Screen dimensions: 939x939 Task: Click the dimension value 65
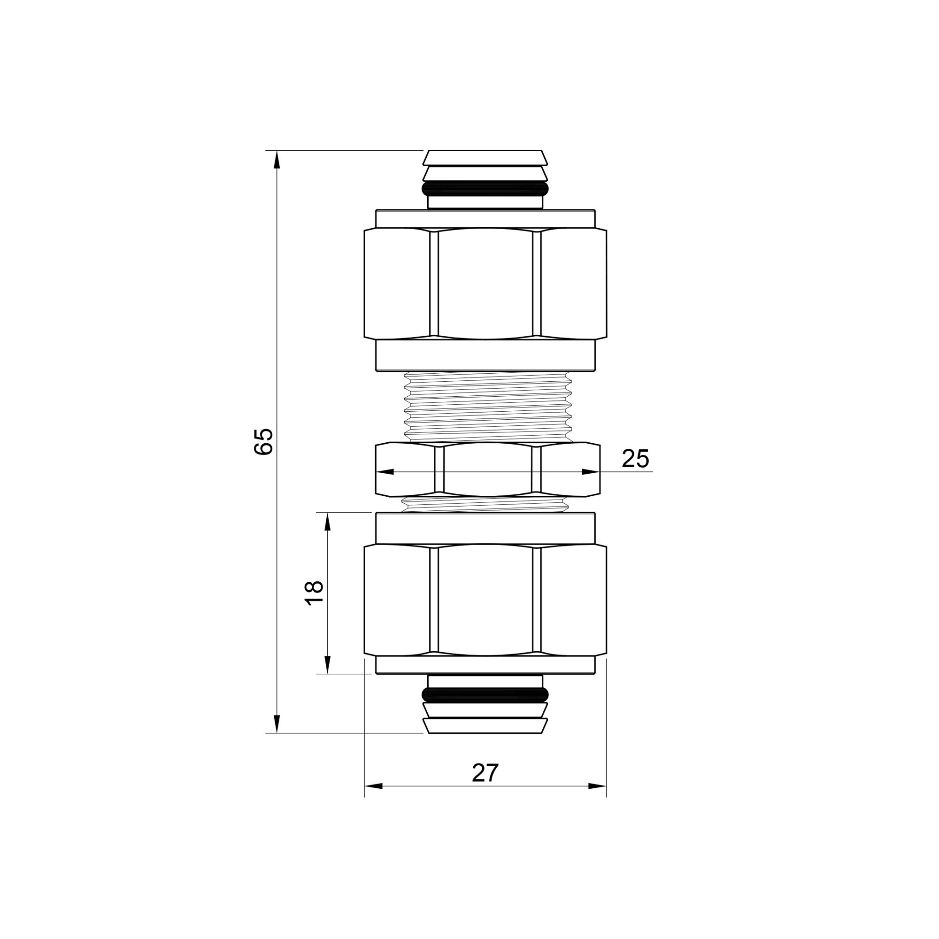click(x=264, y=441)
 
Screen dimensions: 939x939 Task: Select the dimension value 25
click(x=635, y=459)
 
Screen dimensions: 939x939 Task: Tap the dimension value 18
click(x=315, y=593)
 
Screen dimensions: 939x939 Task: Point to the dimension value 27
click(x=485, y=773)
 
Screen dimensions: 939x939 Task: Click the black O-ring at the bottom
click(x=485, y=695)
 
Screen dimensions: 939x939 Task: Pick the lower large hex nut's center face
click(x=485, y=600)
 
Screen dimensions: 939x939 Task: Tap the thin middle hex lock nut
click(x=487, y=469)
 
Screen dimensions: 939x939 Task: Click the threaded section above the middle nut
click(x=487, y=406)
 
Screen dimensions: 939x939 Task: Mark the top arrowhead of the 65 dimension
click(x=277, y=160)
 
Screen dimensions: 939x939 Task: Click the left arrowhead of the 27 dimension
click(x=374, y=786)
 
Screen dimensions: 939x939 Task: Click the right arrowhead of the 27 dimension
click(x=597, y=786)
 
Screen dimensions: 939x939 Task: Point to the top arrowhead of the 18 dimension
click(x=328, y=523)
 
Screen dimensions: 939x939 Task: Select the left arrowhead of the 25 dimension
click(x=385, y=472)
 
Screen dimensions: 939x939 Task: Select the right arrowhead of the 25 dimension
click(x=590, y=472)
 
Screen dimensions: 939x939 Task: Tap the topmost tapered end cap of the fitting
click(x=485, y=157)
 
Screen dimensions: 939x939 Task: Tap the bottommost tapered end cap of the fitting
click(x=485, y=726)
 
